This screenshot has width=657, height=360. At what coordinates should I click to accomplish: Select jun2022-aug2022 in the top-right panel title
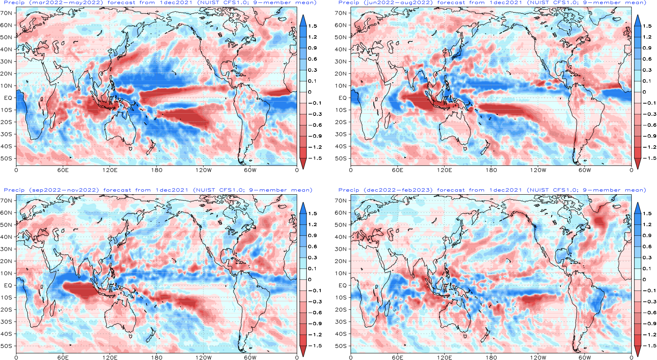(x=400, y=3)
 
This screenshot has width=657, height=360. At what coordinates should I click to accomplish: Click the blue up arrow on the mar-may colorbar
(x=303, y=20)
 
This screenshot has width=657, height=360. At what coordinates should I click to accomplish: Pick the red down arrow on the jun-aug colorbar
(x=638, y=164)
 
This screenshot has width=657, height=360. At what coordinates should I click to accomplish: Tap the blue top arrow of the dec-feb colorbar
(x=638, y=208)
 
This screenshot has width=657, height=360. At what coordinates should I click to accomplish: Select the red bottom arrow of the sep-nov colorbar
(x=303, y=351)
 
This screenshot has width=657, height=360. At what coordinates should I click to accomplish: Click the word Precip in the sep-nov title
(x=14, y=190)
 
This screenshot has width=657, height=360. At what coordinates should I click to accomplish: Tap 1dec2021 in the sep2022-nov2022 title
(x=172, y=190)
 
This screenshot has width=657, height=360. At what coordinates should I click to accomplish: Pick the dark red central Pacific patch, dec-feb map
(x=535, y=299)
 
